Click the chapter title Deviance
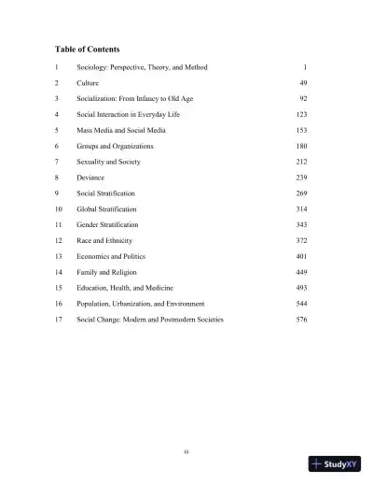90,178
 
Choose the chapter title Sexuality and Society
108,162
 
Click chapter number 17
58,320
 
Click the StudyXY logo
335,463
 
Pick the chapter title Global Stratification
106,209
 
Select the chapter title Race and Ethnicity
104,241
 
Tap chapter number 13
58,256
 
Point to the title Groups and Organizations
115,146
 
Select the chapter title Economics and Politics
111,256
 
